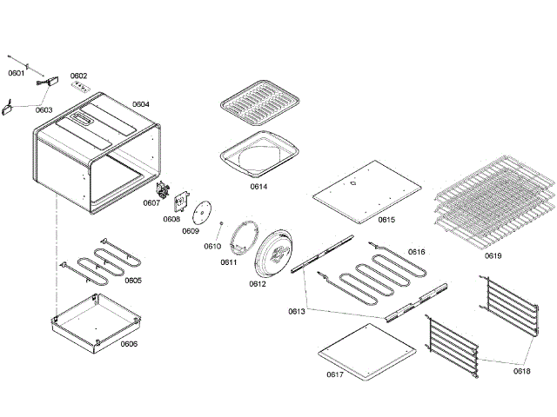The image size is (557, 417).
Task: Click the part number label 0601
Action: tap(16, 73)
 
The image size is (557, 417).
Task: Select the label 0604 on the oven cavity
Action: tap(141, 104)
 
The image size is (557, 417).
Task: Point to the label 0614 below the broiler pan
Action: tap(258, 187)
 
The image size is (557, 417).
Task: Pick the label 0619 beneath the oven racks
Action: tap(493, 256)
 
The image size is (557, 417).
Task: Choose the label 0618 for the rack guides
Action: tap(521, 371)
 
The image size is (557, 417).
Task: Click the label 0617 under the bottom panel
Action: tap(335, 374)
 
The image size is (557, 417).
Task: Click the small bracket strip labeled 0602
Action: tap(80, 87)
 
